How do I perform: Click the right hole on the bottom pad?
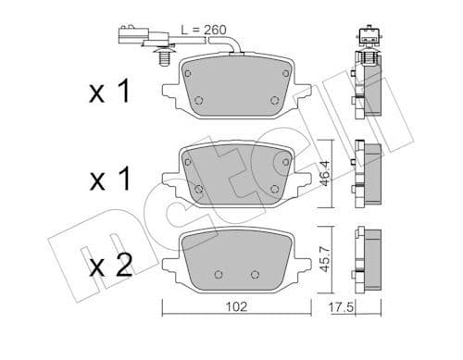coord(256,273)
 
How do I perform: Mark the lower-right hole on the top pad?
coord(273,101)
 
